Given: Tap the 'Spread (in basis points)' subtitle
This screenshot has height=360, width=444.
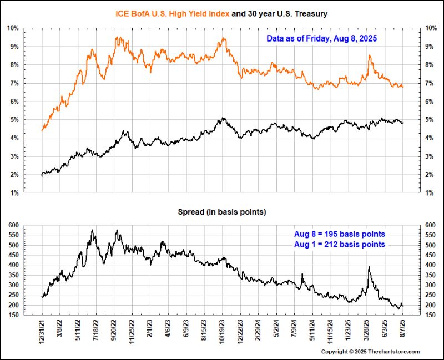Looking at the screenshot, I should pos(221,212).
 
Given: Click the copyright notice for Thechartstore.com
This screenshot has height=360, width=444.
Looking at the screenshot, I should pos(371,352).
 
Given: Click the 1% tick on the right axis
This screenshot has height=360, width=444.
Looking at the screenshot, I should pos(429,193).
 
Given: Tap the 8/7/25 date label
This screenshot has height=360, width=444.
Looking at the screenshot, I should pos(402,333).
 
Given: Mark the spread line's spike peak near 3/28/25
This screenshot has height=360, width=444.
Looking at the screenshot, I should pos(369,267).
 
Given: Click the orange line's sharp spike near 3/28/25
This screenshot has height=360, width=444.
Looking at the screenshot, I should pos(369,55).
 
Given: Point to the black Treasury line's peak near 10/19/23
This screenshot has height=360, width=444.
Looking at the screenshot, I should pos(223,118).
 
